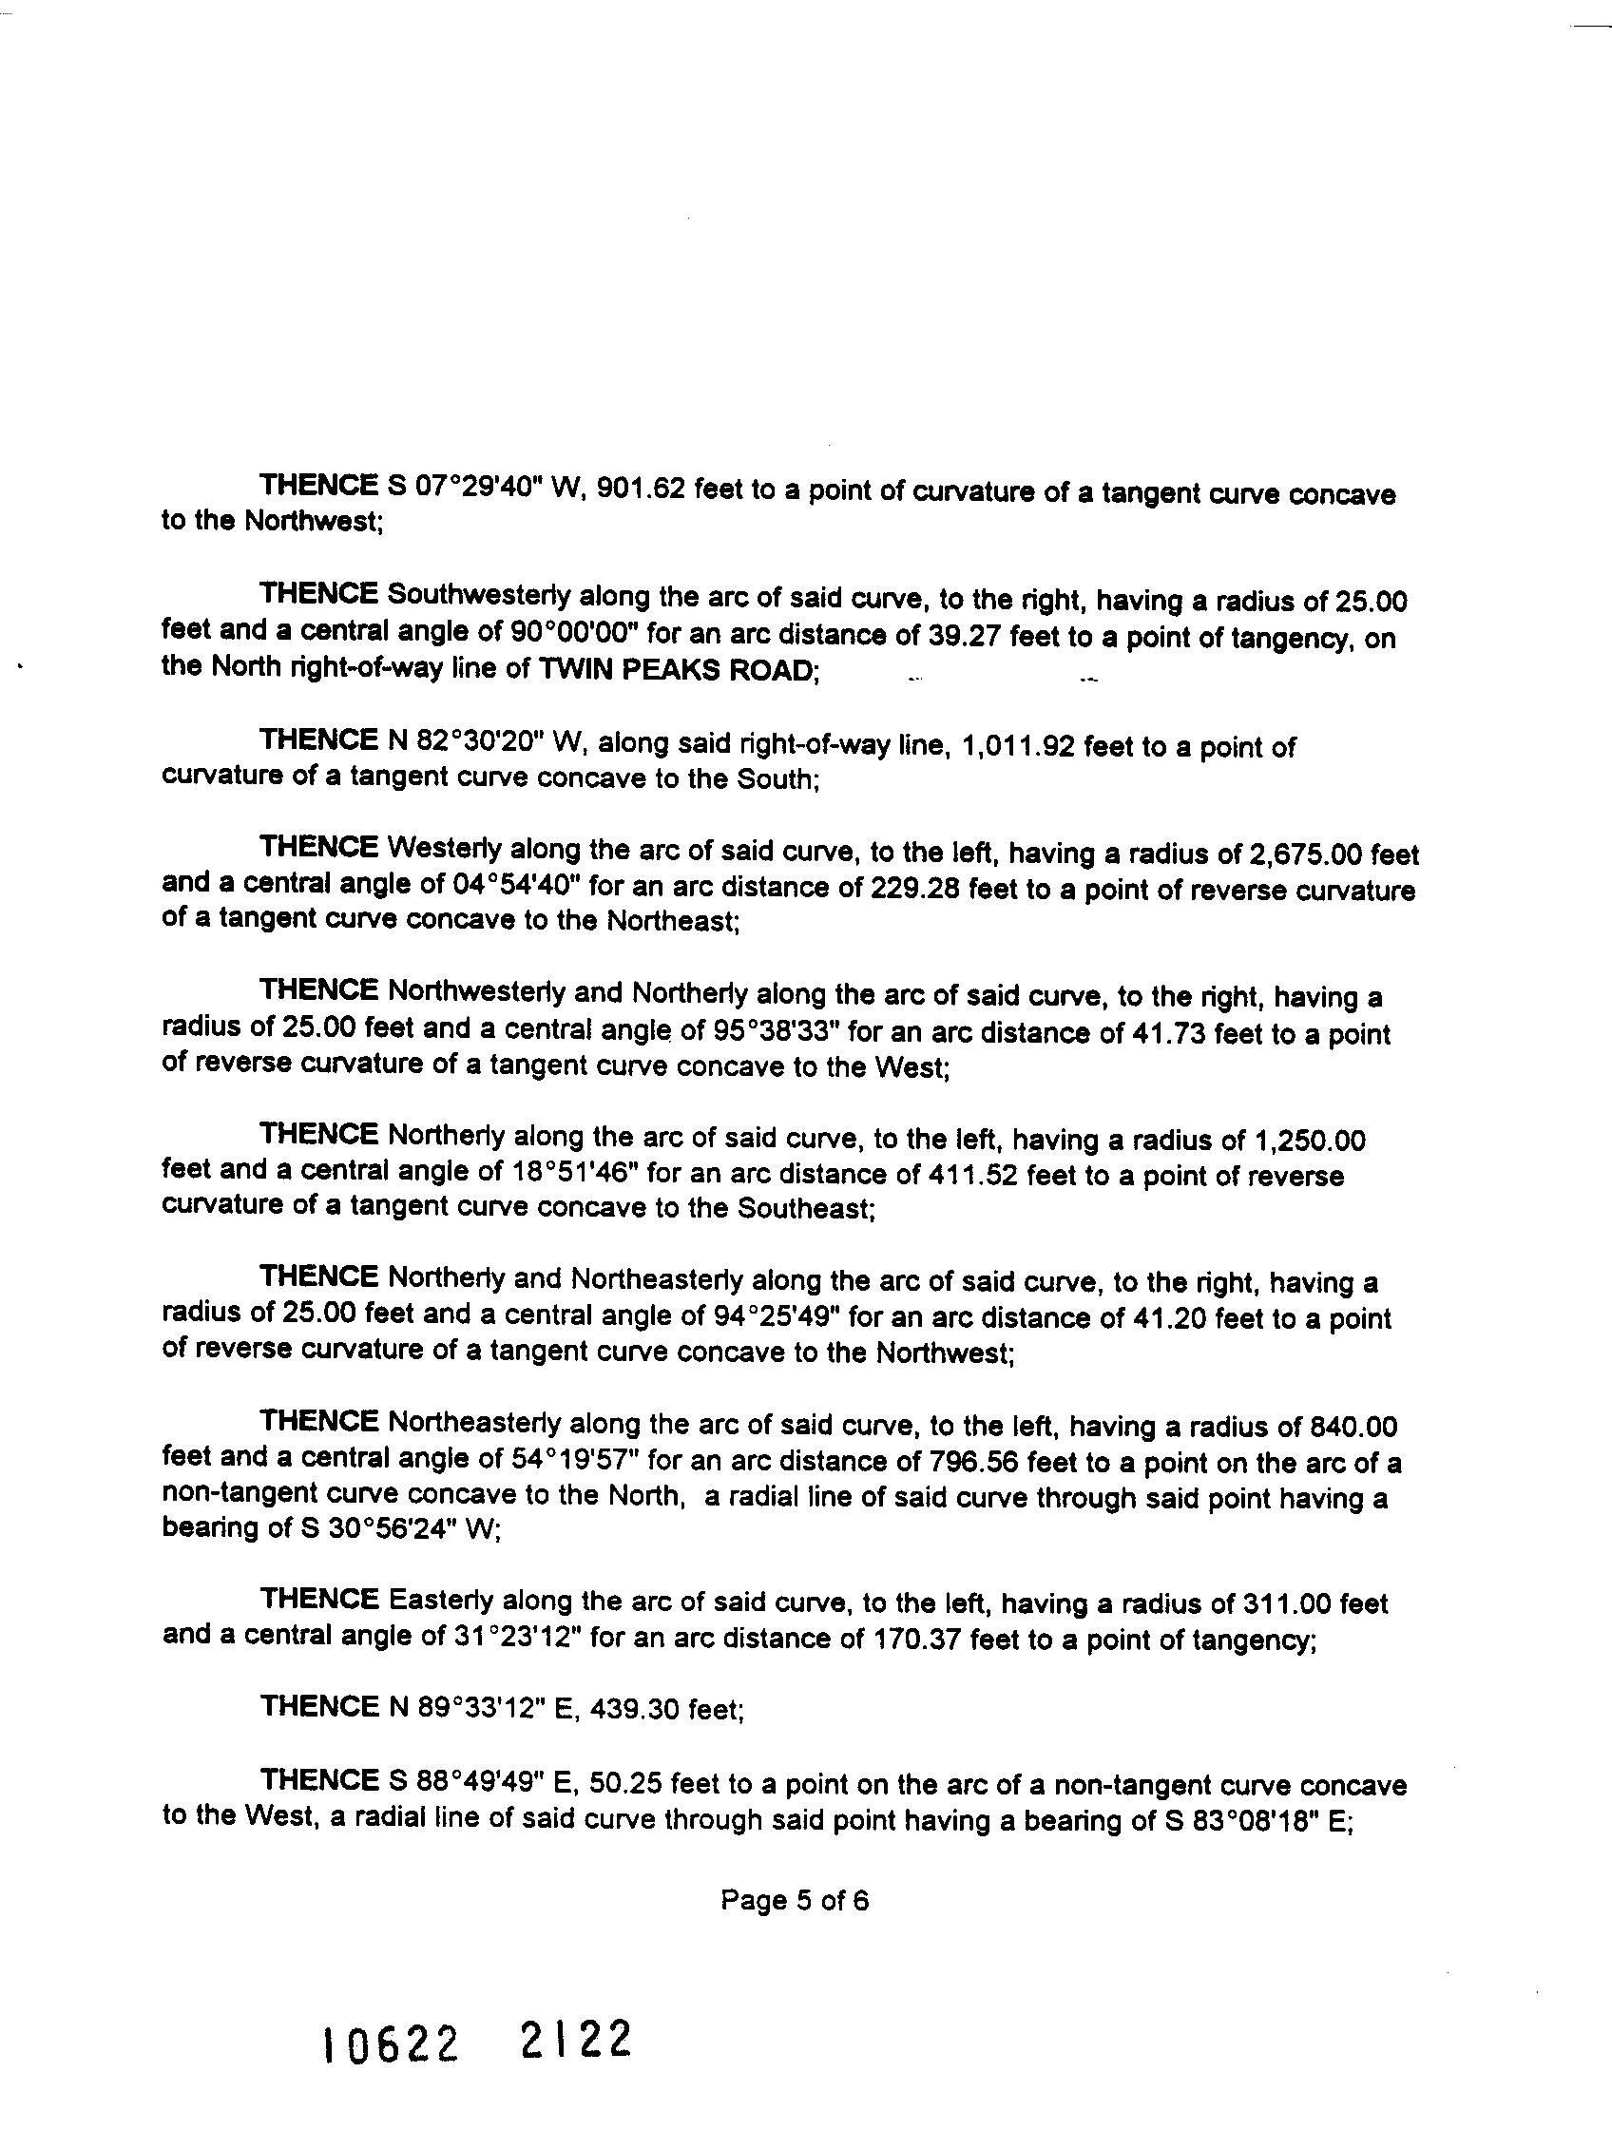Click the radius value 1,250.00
point(1308,1142)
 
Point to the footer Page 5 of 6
point(795,1900)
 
